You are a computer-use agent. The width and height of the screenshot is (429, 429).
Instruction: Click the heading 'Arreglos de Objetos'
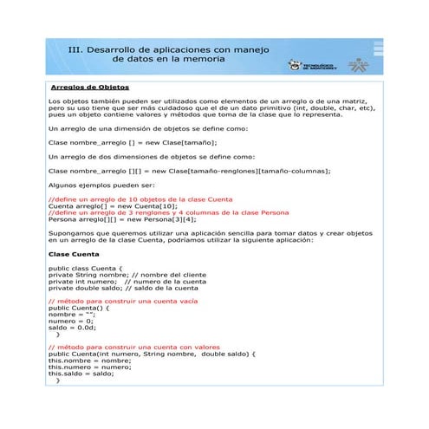[x=89, y=88]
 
